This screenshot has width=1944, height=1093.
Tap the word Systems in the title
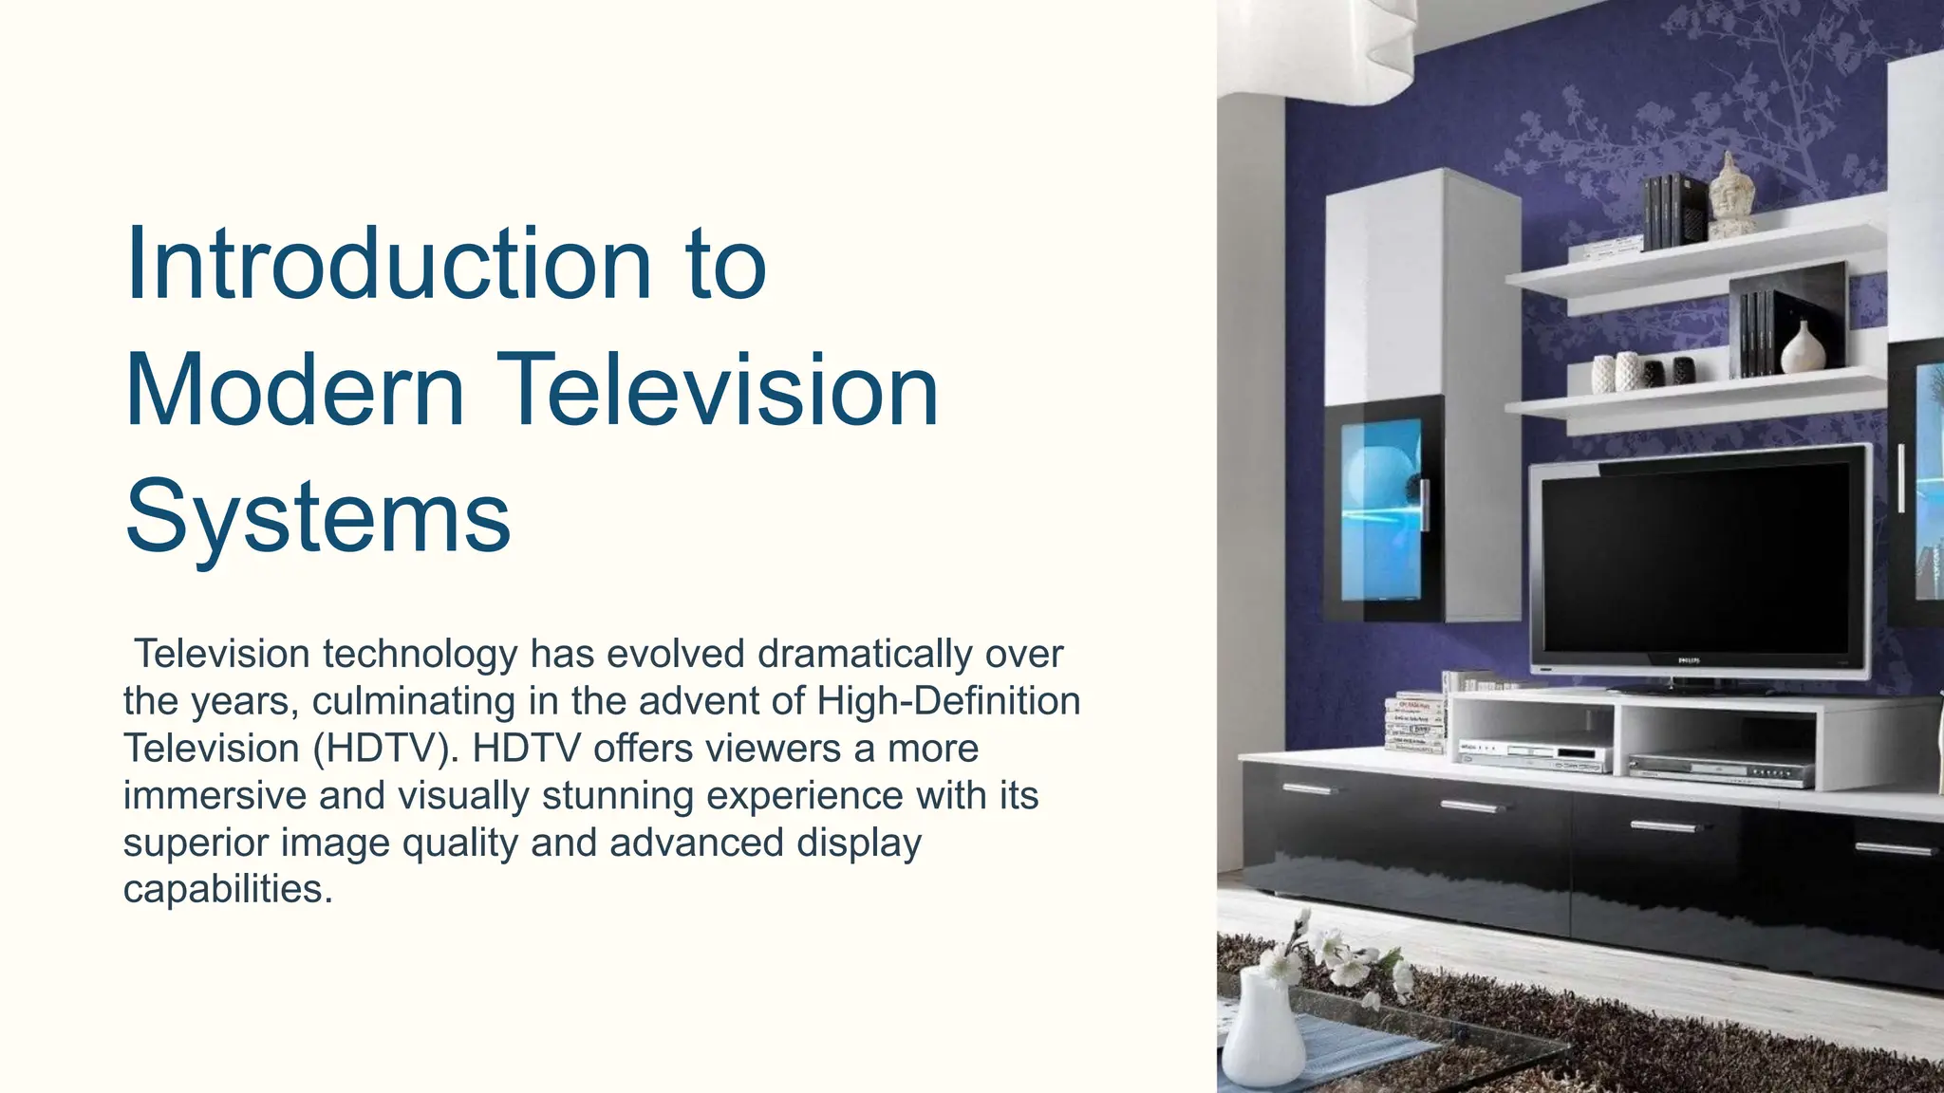317,518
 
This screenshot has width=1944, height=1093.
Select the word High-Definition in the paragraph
947,701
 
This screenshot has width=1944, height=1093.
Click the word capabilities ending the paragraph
228,889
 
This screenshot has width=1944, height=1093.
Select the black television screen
1694,560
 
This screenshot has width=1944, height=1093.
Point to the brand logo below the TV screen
1688,659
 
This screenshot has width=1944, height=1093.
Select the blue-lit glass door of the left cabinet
1380,512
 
